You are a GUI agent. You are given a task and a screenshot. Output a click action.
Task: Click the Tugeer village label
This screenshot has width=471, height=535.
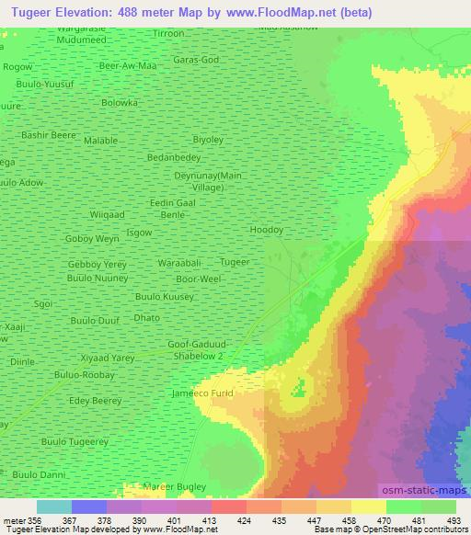(x=235, y=262)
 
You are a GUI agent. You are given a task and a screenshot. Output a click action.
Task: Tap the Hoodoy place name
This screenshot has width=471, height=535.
(x=266, y=230)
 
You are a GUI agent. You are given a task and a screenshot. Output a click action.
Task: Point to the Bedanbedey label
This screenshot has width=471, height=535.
(x=174, y=157)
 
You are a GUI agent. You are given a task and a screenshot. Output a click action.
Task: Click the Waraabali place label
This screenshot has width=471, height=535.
(x=178, y=262)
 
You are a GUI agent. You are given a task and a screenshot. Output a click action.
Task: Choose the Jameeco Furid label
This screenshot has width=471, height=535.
(x=203, y=393)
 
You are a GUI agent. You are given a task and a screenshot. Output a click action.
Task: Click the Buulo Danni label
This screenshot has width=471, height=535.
(x=39, y=474)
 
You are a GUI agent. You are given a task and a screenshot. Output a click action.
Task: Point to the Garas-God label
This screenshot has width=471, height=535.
(x=197, y=59)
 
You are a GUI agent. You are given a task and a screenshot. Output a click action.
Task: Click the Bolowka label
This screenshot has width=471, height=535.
(x=120, y=103)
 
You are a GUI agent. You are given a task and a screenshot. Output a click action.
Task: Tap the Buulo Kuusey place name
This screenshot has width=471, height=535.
(x=165, y=297)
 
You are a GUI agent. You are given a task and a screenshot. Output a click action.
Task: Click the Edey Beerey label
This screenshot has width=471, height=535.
(x=96, y=402)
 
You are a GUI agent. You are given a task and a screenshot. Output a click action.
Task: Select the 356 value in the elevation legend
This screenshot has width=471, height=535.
(x=34, y=519)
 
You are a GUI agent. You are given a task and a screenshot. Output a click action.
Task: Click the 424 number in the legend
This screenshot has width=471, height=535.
(x=245, y=519)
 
